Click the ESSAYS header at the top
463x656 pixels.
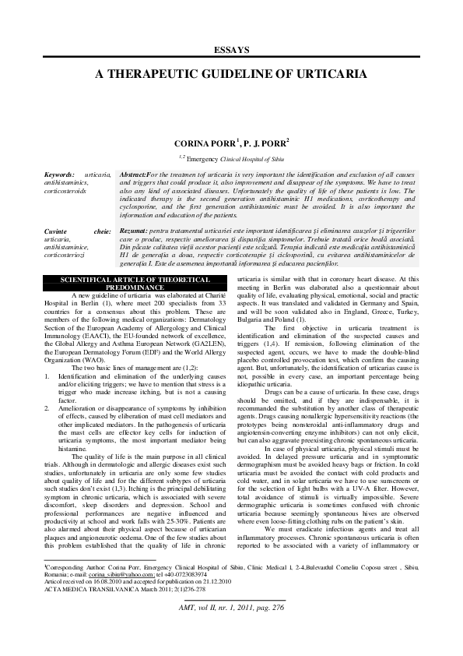(231, 50)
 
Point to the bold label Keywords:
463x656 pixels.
(60, 175)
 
